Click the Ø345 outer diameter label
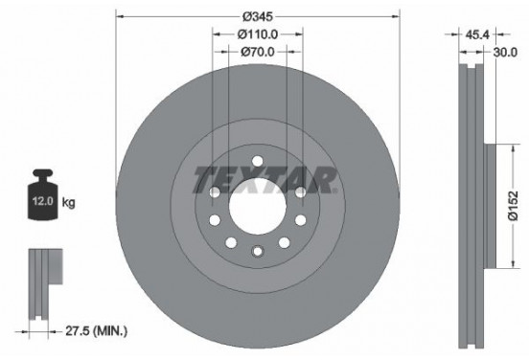256,16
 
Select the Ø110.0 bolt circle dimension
256,34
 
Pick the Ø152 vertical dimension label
515,205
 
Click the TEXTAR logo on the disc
264,179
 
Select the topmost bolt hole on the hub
257,160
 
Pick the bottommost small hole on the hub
257,251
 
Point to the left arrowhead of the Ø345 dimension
119,15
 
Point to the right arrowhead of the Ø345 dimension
395,15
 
